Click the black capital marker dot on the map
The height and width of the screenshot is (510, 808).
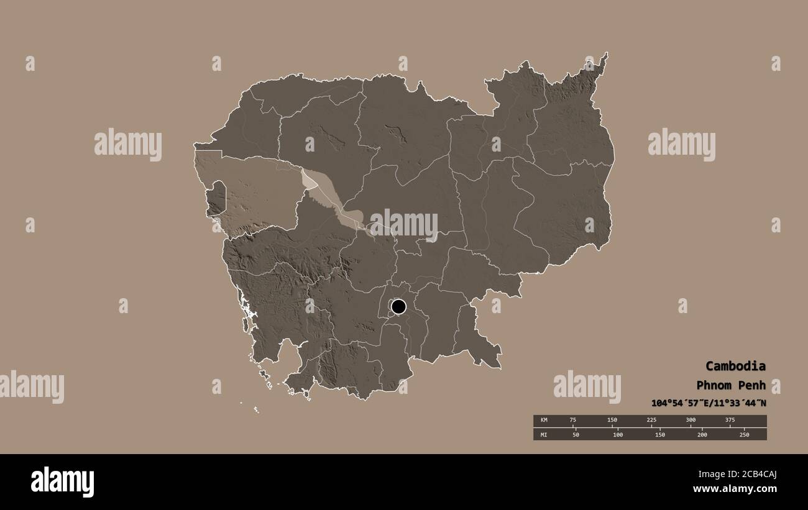[x=398, y=306]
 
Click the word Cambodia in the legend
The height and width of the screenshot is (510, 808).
[x=735, y=366]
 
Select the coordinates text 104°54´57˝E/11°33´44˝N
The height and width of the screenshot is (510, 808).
[x=708, y=403]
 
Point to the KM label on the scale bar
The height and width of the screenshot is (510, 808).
[x=544, y=421]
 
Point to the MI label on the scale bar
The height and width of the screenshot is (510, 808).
[x=544, y=434]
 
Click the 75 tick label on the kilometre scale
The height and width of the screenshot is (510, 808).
[x=573, y=421]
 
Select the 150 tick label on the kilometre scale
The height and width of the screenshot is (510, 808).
[x=612, y=421]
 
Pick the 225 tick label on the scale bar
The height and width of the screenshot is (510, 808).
[x=651, y=421]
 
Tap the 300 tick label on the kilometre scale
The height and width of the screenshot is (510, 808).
[x=691, y=421]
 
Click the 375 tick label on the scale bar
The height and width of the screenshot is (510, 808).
[x=730, y=421]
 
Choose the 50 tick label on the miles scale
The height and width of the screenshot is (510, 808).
[x=576, y=434]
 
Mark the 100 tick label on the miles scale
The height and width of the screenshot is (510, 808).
[x=618, y=434]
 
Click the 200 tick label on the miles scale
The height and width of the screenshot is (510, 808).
[x=702, y=434]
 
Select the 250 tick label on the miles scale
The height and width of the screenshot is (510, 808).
[x=744, y=434]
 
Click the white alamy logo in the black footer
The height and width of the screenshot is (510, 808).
[x=62, y=482]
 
